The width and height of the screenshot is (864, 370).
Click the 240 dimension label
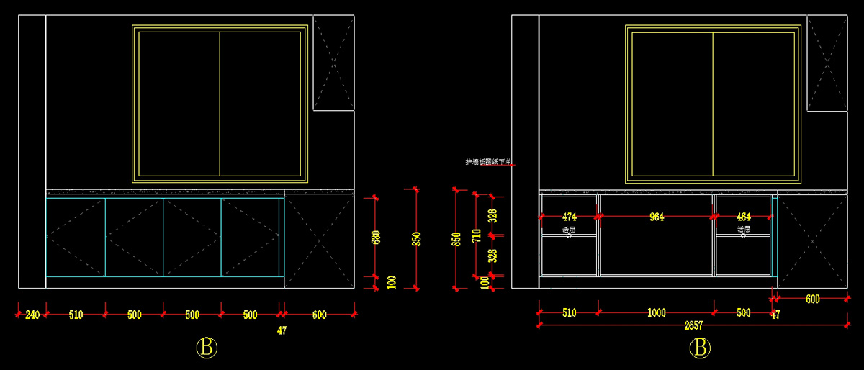tap(32, 315)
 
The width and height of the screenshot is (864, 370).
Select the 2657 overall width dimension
tap(693, 326)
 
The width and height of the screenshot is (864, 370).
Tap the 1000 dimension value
tap(657, 313)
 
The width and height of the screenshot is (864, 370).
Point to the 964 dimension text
tap(657, 217)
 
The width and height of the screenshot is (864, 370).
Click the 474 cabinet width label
tap(570, 217)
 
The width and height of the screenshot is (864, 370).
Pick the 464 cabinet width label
tap(744, 217)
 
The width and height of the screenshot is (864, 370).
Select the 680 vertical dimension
tap(376, 238)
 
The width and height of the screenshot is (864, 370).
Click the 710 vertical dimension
tap(476, 235)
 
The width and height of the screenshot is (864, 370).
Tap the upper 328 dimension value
tap(492, 215)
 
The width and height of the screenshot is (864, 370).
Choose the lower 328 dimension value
tap(492, 256)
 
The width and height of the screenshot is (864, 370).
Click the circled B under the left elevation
tap(207, 348)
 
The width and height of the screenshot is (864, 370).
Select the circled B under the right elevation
tap(699, 348)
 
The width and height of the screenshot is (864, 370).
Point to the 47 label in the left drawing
tap(282, 331)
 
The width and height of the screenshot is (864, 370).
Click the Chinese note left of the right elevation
tap(488, 163)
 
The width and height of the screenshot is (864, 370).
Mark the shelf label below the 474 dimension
tap(569, 230)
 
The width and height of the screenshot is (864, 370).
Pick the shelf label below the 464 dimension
tap(744, 230)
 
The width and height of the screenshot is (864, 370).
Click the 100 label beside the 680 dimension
tap(392, 281)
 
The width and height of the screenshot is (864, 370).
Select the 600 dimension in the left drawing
tap(319, 315)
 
